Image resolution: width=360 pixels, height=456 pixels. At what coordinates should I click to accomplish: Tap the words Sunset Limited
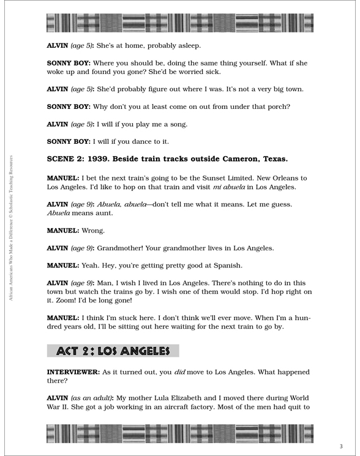[x=211, y=178]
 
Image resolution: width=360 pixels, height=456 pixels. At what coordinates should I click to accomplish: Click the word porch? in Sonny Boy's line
[x=277, y=107]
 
